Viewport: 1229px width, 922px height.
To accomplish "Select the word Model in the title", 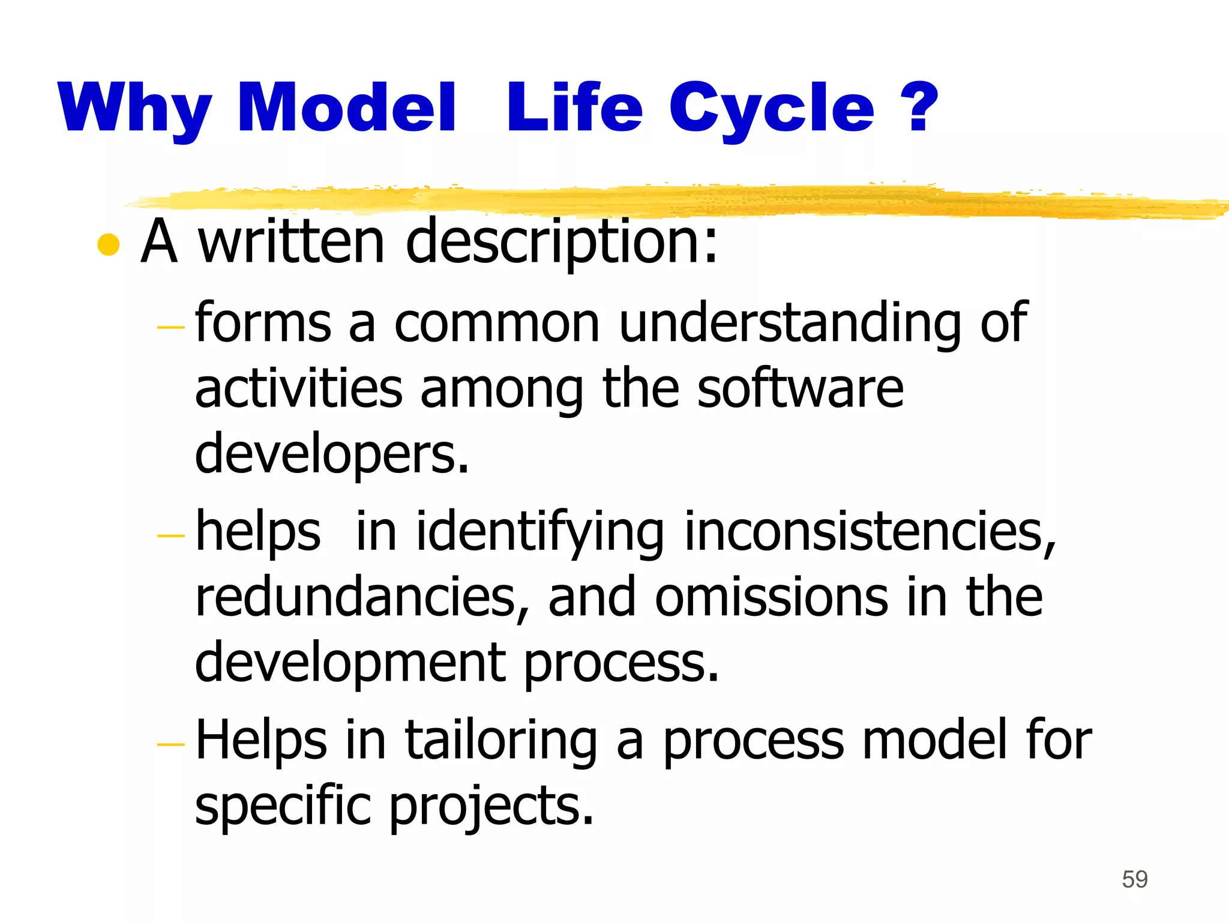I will click(x=347, y=108).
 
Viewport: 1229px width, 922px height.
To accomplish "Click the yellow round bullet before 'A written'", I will click(x=109, y=244).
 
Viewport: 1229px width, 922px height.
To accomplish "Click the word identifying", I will click(x=540, y=532).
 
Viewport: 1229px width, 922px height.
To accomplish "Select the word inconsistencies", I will click(x=870, y=532).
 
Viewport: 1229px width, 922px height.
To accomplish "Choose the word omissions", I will click(x=771, y=598).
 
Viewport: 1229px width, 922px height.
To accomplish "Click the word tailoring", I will click(x=501, y=741).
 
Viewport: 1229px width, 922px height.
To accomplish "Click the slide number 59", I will click(x=1134, y=879).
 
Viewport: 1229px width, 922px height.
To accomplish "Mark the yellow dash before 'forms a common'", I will click(x=170, y=328).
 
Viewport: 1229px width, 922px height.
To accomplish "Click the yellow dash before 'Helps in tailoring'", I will click(x=170, y=745).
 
